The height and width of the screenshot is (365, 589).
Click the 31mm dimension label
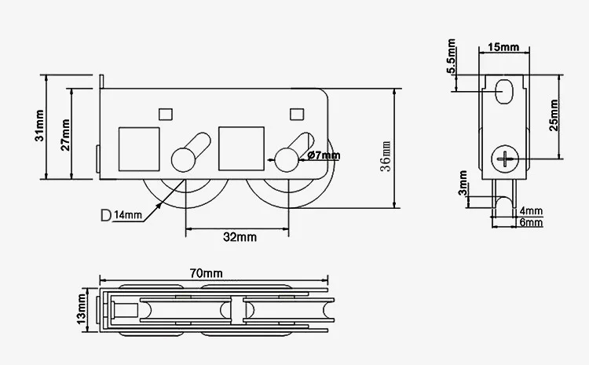pyautogui.click(x=39, y=126)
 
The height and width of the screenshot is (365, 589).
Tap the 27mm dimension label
pyautogui.click(x=65, y=135)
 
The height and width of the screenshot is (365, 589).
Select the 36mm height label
pyautogui.click(x=386, y=156)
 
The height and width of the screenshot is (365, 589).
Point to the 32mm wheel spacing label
pyautogui.click(x=240, y=237)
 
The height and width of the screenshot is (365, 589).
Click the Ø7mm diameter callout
pyautogui.click(x=324, y=155)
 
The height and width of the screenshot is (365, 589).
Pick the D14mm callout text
pyautogui.click(x=121, y=215)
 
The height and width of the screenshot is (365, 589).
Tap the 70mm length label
pyautogui.click(x=206, y=273)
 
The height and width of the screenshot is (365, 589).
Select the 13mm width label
pyautogui.click(x=81, y=310)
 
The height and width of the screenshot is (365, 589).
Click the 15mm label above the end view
pyautogui.click(x=503, y=47)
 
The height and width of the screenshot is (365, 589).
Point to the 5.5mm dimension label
pyautogui.click(x=451, y=56)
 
